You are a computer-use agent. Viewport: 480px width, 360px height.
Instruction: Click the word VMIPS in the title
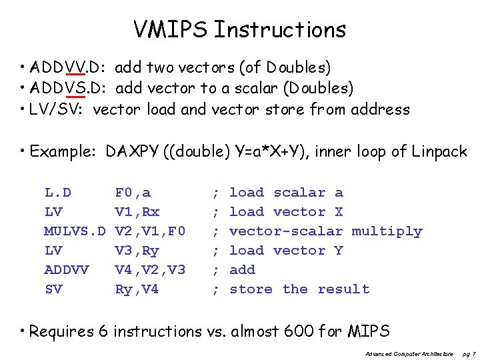point(171,30)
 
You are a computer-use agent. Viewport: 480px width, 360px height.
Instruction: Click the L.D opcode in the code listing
point(58,193)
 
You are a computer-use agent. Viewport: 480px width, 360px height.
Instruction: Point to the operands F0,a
point(133,193)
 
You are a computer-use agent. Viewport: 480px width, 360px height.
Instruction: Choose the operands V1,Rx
point(137,212)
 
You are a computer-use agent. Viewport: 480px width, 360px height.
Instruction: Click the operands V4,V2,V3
point(150,270)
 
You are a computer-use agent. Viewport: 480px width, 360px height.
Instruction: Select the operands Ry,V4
point(137,289)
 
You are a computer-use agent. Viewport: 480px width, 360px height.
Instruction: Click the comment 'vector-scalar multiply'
point(325,231)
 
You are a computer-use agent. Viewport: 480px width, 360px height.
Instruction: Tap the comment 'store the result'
point(299,289)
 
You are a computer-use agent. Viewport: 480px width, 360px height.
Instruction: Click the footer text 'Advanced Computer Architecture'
point(409,353)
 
